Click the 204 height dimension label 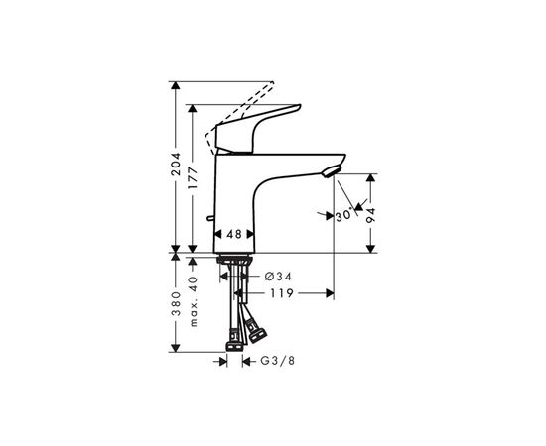177,164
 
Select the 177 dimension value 193,178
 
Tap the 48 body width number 234,234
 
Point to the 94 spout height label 371,215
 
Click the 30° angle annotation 344,215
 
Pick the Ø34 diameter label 278,277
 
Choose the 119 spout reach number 282,293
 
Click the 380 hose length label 177,303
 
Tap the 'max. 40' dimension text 194,301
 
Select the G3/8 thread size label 278,361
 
